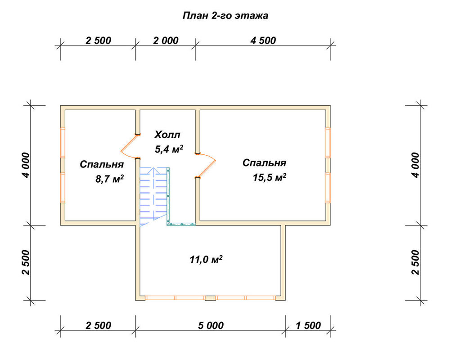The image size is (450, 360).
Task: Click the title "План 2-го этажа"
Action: [225, 15]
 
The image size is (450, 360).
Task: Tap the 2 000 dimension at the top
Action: [166, 40]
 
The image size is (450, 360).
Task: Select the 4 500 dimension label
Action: [263, 40]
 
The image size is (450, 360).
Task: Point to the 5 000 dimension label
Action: [211, 325]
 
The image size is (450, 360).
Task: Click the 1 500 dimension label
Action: [308, 325]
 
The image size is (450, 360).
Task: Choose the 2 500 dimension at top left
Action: [98, 40]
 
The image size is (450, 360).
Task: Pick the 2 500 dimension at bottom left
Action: [98, 325]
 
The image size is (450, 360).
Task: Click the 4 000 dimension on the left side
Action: [26, 165]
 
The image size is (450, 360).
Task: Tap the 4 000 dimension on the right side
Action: [415, 165]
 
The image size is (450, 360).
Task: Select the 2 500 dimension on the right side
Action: [415, 262]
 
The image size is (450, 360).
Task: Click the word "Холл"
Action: [167, 135]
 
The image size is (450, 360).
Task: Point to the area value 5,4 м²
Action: [169, 149]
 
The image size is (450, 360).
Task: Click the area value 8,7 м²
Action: [110, 179]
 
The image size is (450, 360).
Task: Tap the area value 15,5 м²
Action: [269, 177]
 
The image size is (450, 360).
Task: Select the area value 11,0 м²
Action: [206, 259]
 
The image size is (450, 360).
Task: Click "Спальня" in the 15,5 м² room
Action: [264, 163]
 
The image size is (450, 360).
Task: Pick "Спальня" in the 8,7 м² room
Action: [102, 164]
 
